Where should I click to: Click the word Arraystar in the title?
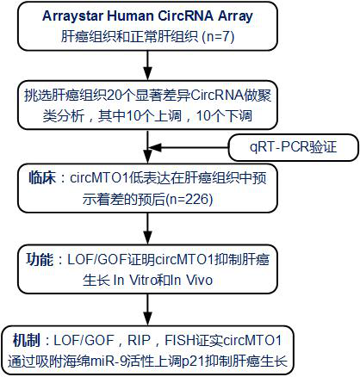(x=72, y=16)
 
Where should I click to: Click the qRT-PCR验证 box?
(x=294, y=147)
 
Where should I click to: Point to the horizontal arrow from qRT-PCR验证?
(x=188, y=148)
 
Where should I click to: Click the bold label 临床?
(x=42, y=178)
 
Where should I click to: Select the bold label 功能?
(x=40, y=259)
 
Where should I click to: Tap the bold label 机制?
(x=27, y=341)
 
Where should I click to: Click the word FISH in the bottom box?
(x=180, y=341)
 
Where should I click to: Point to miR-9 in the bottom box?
(x=109, y=362)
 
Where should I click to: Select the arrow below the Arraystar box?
(x=147, y=65)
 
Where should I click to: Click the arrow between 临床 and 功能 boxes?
(x=147, y=228)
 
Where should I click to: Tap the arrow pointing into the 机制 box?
(x=147, y=310)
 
